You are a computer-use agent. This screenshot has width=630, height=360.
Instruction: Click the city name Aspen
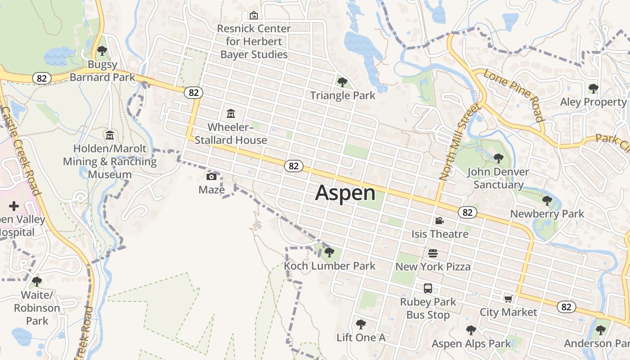[x=345, y=193]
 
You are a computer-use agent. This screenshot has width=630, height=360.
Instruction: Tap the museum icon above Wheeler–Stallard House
[x=231, y=113]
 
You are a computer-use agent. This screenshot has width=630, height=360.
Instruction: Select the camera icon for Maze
[x=211, y=176]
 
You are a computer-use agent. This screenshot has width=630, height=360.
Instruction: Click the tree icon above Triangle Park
[x=342, y=82]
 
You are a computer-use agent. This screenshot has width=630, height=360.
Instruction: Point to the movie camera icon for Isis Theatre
[x=439, y=220]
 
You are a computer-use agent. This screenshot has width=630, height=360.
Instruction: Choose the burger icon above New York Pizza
[x=433, y=253]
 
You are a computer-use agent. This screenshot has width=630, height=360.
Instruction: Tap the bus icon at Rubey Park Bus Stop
[x=428, y=288]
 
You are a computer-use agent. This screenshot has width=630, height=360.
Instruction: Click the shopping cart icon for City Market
[x=508, y=299]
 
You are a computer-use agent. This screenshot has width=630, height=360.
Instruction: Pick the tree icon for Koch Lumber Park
[x=329, y=252]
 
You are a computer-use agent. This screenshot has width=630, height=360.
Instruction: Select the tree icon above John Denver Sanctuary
[x=498, y=158]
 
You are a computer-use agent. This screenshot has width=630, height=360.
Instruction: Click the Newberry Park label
[x=547, y=214]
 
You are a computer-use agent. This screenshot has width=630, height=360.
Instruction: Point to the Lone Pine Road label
[x=513, y=95]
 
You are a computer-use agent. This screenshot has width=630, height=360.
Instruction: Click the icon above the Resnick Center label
[x=254, y=15]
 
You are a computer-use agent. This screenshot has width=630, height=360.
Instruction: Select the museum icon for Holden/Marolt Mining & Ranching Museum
[x=110, y=135]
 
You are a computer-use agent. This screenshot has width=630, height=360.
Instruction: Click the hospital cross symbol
[x=14, y=206]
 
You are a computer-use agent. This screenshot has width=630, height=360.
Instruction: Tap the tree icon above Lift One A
[x=360, y=324]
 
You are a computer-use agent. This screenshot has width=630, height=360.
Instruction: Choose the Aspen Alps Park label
[x=471, y=344]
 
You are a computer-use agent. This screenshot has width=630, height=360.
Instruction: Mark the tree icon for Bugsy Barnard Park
[x=102, y=51]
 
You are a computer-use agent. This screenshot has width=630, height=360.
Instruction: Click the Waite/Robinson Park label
[x=37, y=308]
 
